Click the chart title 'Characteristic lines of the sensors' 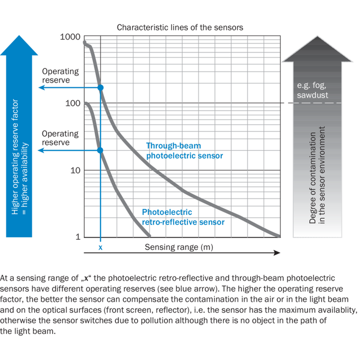pyautogui.click(x=180, y=28)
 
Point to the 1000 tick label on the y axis pyautogui.click(x=70, y=37)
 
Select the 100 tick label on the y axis pyautogui.click(x=73, y=103)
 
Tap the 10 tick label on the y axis pyautogui.click(x=75, y=170)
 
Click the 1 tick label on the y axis pyautogui.click(x=78, y=237)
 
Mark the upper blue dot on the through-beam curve pyautogui.click(x=101, y=87)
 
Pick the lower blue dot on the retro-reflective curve pyautogui.click(x=100, y=150)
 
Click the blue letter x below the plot pyautogui.click(x=101, y=248)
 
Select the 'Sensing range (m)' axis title pyautogui.click(x=179, y=247)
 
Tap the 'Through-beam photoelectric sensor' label pyautogui.click(x=185, y=150)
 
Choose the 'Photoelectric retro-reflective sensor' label pyautogui.click(x=183, y=217)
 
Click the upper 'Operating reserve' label pyautogui.click(x=60, y=76)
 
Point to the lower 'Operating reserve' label pyautogui.click(x=60, y=138)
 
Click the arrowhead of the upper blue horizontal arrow pyautogui.click(x=41, y=87)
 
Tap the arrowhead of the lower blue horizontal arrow pyautogui.click(x=41, y=150)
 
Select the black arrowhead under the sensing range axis pyautogui.click(x=277, y=253)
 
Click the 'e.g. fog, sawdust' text pyautogui.click(x=312, y=90)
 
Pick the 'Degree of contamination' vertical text pyautogui.click(x=313, y=178)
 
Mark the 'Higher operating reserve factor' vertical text pyautogui.click(x=15, y=157)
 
